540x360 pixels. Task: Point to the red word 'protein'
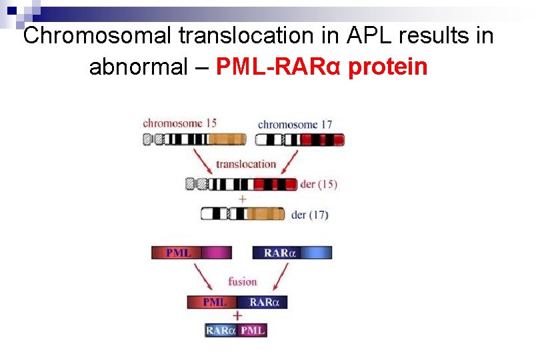click(388, 67)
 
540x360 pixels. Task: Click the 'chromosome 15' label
click(179, 123)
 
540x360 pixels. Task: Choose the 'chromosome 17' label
click(295, 124)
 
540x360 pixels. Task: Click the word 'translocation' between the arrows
click(246, 164)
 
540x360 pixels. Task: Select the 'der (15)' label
click(319, 184)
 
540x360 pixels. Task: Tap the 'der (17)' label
click(310, 215)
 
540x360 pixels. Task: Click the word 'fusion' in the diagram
click(242, 281)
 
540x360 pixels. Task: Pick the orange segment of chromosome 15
click(227, 139)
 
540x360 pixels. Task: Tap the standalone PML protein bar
click(191, 253)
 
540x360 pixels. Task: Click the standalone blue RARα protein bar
click(292, 253)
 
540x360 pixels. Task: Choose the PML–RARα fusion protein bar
click(237, 302)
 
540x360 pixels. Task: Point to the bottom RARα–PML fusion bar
click(236, 330)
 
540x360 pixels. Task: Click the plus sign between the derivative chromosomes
click(242, 199)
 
